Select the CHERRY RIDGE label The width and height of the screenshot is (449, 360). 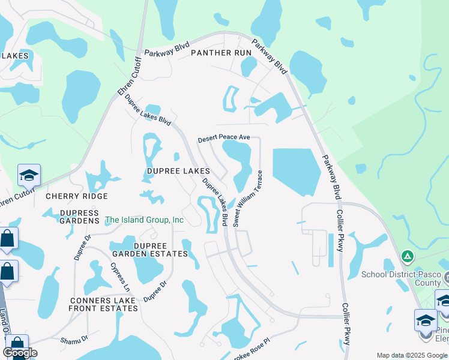click(77, 196)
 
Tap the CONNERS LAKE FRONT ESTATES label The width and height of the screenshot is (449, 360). click(104, 304)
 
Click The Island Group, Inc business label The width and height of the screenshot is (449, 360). click(145, 220)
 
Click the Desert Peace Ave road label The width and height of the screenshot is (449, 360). click(224, 138)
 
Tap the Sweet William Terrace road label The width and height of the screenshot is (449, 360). click(248, 198)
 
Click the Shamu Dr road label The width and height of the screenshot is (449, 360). click(74, 340)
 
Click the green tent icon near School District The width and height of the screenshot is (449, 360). click(408, 257)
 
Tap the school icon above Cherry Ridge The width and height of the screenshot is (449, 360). click(29, 175)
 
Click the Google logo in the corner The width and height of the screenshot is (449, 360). click(20, 353)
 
